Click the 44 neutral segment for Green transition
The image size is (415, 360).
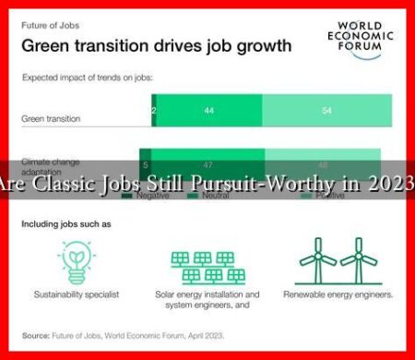[x=209, y=110]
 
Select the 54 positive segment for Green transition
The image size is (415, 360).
[x=327, y=110]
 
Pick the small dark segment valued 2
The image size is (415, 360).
[x=153, y=110]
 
